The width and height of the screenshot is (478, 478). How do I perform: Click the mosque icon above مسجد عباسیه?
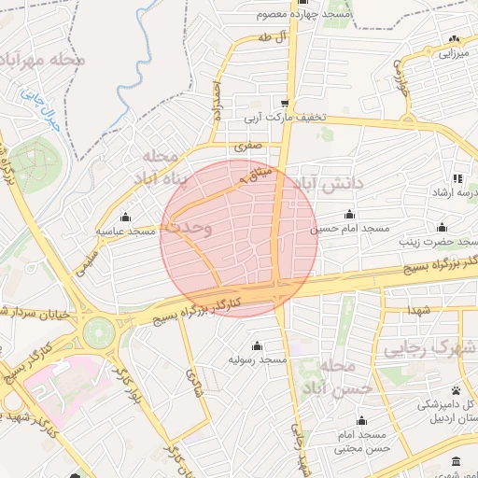(x=126, y=217)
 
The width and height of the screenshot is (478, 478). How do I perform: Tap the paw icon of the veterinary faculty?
(x=456, y=390)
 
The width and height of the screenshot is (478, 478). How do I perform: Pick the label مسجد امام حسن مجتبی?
(x=362, y=442)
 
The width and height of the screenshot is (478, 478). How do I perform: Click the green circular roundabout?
(x=97, y=332)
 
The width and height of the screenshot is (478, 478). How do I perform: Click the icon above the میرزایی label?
(x=454, y=39)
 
